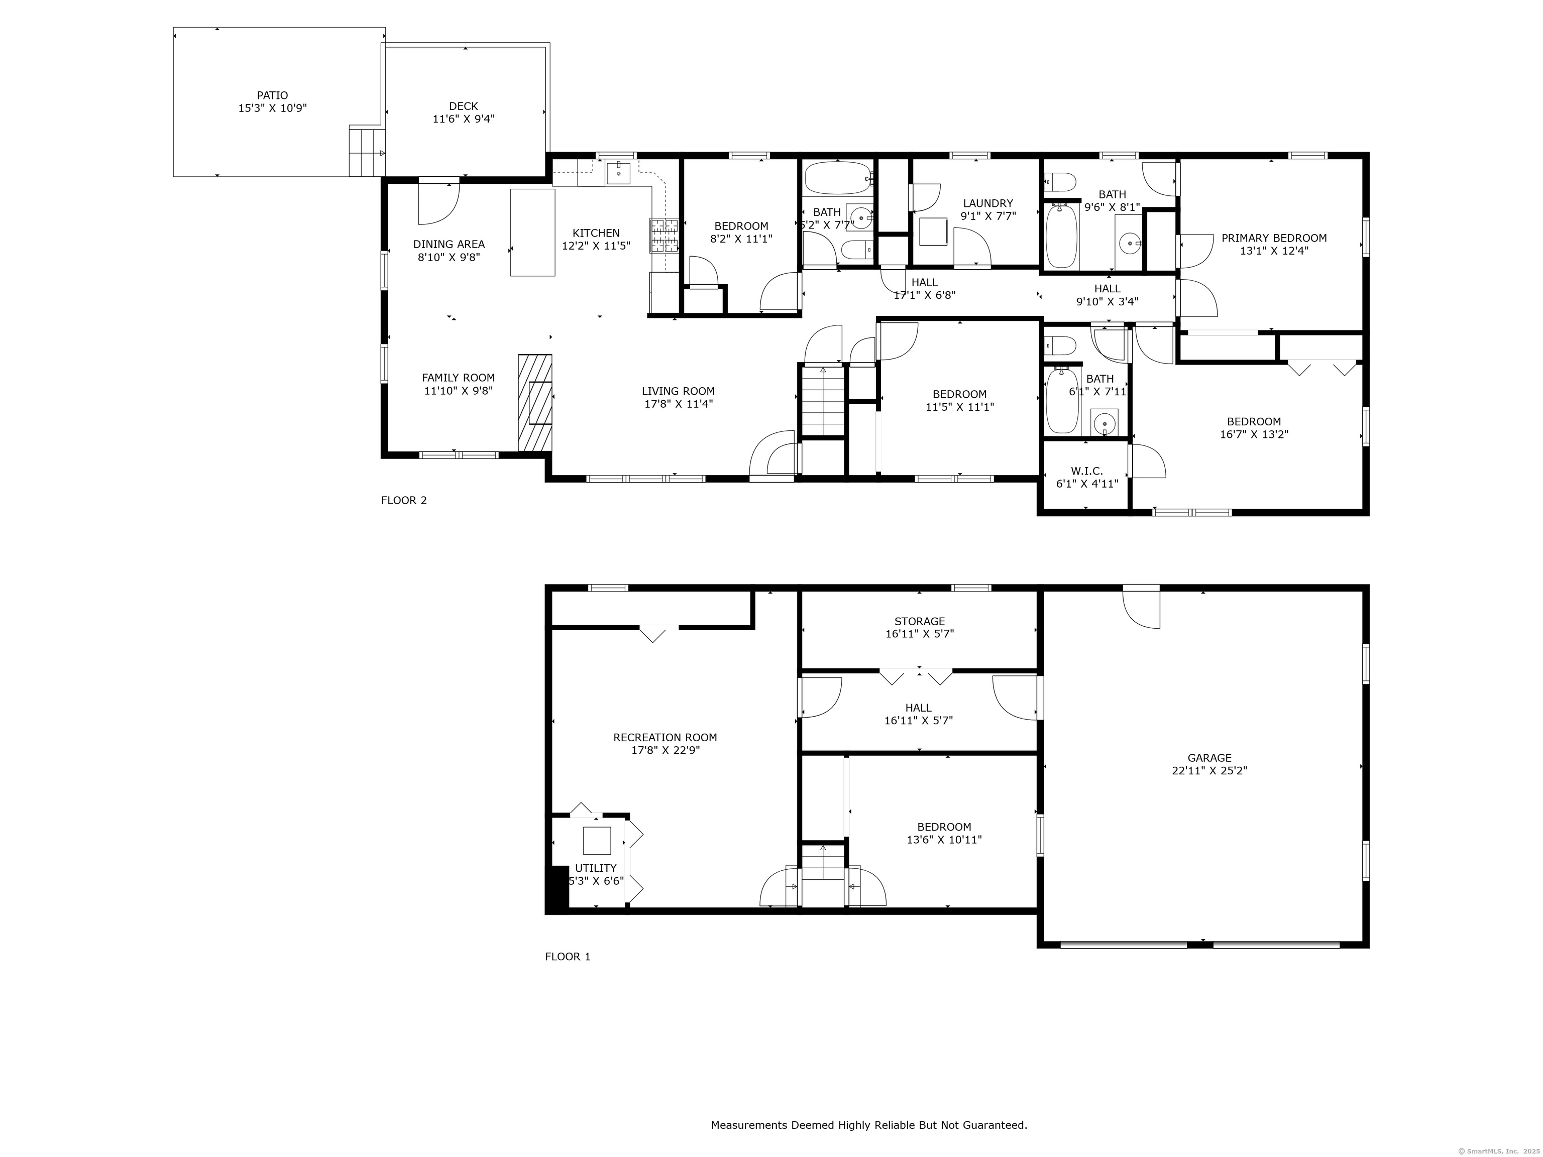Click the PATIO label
point(272,95)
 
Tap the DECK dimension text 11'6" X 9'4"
point(464,119)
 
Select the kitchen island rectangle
point(533,232)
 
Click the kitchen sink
point(618,172)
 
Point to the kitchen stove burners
point(665,235)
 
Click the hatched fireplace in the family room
point(535,402)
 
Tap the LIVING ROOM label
point(678,391)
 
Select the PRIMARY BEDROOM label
point(1274,238)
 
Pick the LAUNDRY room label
point(988,204)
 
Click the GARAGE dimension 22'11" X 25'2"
point(1209,771)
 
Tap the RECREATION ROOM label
point(665,737)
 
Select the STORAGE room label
point(919,621)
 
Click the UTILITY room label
point(596,868)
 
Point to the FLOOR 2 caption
point(404,500)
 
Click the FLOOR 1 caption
point(568,956)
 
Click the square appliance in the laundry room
point(933,232)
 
